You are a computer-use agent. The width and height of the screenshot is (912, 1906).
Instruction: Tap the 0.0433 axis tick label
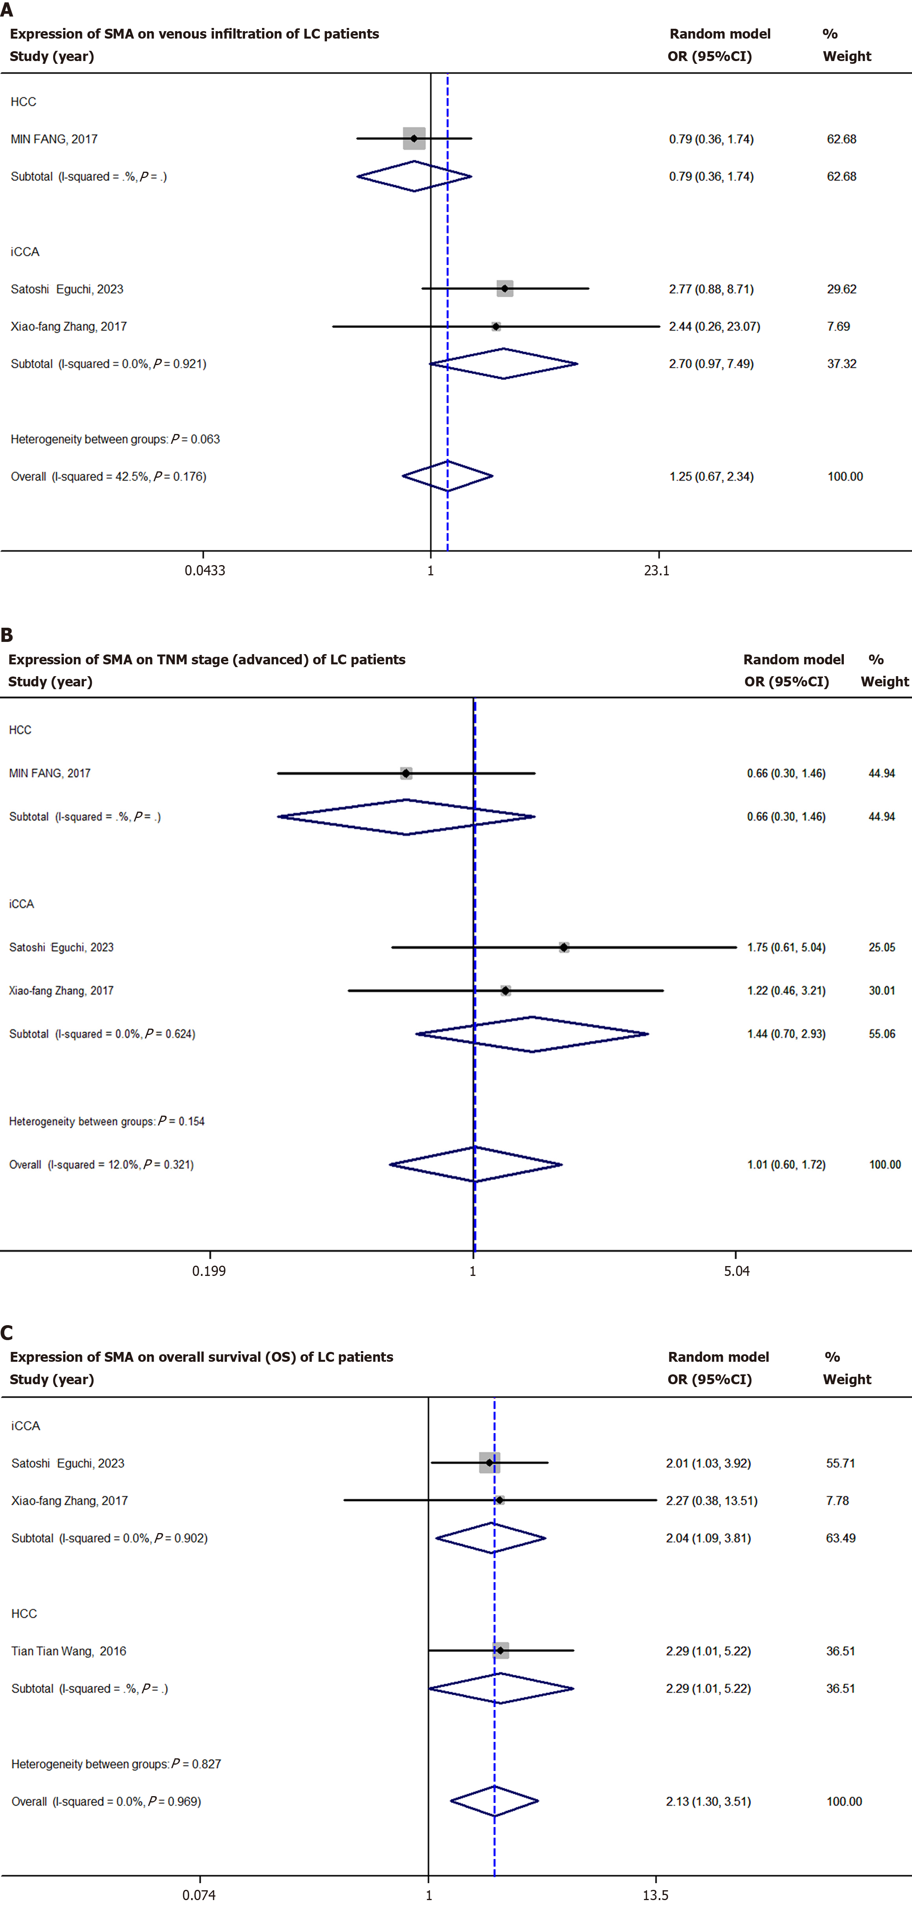[205, 571]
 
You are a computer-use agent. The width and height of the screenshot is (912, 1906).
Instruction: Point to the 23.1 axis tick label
[657, 571]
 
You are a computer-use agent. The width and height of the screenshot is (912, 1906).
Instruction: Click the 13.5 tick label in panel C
[655, 1895]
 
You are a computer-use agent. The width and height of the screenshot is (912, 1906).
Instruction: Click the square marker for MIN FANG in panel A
[414, 138]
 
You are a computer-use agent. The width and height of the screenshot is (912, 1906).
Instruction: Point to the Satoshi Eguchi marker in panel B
[564, 947]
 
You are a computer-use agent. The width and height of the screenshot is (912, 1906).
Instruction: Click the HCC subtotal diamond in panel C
[500, 1689]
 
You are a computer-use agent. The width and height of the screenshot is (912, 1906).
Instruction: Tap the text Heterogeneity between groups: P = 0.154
[107, 1121]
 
